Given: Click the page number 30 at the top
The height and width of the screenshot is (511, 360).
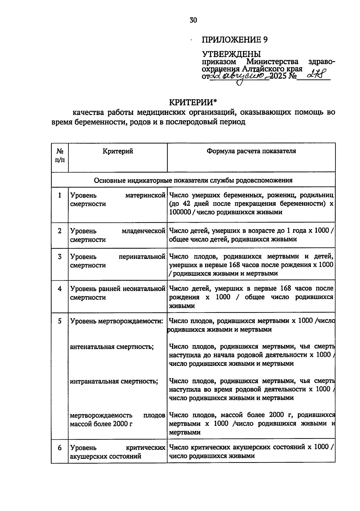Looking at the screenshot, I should click(193, 20).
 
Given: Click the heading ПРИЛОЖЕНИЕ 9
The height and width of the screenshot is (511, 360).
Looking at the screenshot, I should click(235, 40).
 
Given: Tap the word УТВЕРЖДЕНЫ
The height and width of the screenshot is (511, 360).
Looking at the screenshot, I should click(231, 54).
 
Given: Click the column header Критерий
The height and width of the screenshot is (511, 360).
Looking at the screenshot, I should click(118, 151).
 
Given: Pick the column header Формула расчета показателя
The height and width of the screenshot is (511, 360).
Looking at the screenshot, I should click(251, 151).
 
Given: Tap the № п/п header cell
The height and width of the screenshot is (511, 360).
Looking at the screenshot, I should click(60, 156).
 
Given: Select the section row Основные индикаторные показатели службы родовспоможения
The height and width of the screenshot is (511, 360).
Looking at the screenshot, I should click(193, 180).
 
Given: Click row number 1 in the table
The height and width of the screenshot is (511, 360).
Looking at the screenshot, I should click(60, 195).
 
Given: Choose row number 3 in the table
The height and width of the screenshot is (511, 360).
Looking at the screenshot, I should click(60, 257).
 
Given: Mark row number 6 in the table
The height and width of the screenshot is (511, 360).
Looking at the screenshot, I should click(60, 448).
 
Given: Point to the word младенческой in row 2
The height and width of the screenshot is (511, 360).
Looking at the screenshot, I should click(144, 231).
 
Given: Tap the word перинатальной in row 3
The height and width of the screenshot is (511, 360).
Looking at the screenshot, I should click(142, 257).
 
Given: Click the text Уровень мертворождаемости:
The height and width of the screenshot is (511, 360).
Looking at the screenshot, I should click(117, 321).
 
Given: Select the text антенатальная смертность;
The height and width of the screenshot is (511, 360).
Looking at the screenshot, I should click(112, 347).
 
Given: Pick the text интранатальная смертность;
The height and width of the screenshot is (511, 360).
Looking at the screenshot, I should click(114, 381).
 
